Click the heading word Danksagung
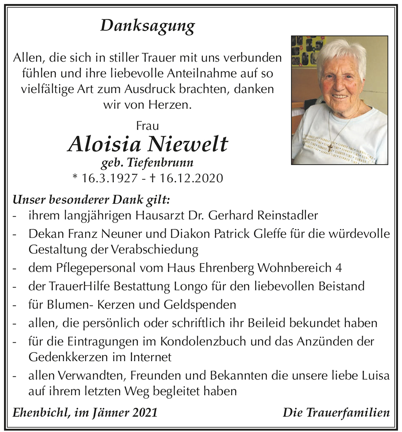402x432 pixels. pos(148,27)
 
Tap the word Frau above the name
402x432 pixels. pos(147,126)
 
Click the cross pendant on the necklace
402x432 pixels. pos(330,147)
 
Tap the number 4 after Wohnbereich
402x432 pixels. pos(339,267)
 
